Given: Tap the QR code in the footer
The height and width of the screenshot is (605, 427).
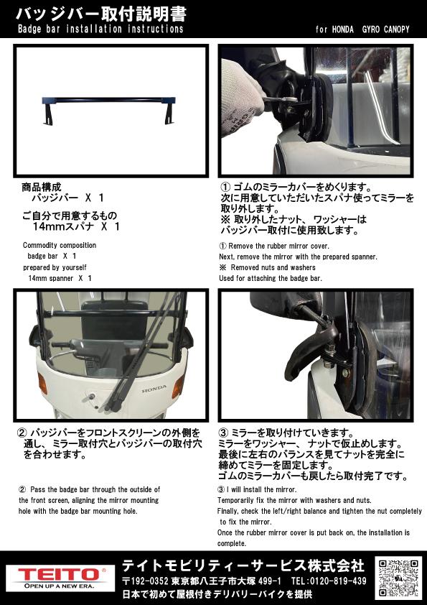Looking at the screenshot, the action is (398, 577).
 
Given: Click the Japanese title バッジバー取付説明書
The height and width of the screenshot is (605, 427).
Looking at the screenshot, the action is (101, 14).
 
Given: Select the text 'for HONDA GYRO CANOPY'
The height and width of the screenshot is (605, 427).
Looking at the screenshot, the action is (362, 29).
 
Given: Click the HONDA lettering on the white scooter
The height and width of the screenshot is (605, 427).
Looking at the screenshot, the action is (154, 389).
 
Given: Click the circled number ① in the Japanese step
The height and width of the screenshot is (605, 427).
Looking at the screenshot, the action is (225, 188).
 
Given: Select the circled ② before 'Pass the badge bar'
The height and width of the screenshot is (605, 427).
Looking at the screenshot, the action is (22, 489).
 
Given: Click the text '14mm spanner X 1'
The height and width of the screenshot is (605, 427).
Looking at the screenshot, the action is (60, 278).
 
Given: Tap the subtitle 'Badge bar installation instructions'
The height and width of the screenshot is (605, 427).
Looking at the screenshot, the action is (100, 29).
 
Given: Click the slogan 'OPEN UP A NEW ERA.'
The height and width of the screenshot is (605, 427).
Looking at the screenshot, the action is (59, 586).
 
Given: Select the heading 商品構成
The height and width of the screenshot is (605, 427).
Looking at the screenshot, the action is (42, 188).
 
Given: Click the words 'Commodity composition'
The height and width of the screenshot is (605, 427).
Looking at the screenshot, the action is (60, 246).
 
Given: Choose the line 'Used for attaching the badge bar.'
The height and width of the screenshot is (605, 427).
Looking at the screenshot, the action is (271, 278).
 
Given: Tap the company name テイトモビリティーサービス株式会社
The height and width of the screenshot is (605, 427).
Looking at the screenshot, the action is (243, 565).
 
